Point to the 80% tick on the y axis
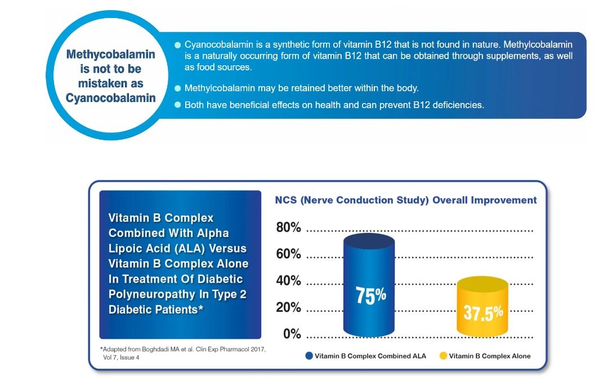tap(288, 228)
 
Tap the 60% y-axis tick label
tap(288, 254)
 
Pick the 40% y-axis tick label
tap(288, 281)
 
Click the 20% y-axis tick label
tap(288, 308)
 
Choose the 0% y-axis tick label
tap(292, 334)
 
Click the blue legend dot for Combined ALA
tap(309, 356)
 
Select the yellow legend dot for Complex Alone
tap(443, 356)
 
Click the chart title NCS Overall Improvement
tap(405, 200)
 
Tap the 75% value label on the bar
tap(370, 295)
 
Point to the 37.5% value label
tap(483, 312)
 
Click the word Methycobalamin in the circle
tap(110, 55)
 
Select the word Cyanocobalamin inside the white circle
tap(110, 98)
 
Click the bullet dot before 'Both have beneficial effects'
tap(178, 105)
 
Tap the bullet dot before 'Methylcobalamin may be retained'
tap(178, 88)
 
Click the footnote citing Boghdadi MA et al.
tap(178, 353)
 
